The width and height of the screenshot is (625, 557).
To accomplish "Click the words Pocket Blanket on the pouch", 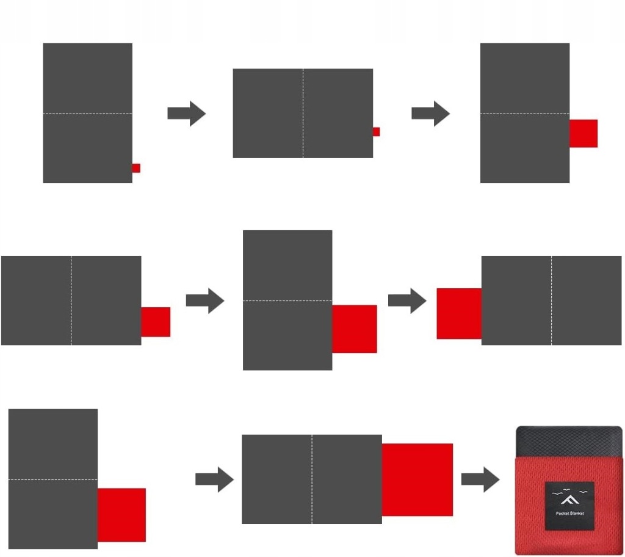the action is [569, 514].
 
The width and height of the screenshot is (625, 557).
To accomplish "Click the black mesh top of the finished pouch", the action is [568, 441].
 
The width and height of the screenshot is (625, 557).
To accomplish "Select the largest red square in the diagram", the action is [417, 479].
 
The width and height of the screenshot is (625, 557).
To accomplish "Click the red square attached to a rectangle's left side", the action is [459, 313].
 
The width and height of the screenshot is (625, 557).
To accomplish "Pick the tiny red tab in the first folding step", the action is [136, 168].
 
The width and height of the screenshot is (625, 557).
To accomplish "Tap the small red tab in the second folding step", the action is [376, 131].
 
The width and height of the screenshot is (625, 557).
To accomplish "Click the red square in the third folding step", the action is [583, 133].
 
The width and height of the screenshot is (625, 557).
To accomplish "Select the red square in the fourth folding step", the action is [156, 322].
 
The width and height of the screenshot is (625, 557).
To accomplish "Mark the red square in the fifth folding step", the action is [355, 329].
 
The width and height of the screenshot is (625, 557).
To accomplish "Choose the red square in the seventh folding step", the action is [121, 515].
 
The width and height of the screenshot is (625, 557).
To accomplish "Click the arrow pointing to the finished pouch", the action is [480, 479].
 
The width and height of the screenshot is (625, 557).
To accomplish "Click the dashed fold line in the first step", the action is [87, 114].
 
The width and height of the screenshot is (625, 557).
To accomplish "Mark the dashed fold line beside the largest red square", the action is [312, 479].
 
